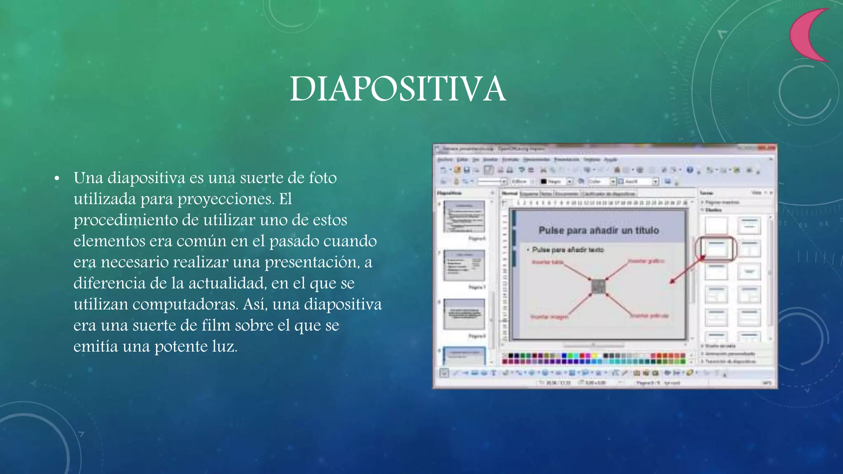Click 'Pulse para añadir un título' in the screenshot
pos(598,230)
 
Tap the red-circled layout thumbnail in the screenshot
pos(716,249)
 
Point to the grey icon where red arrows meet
pos(598,286)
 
